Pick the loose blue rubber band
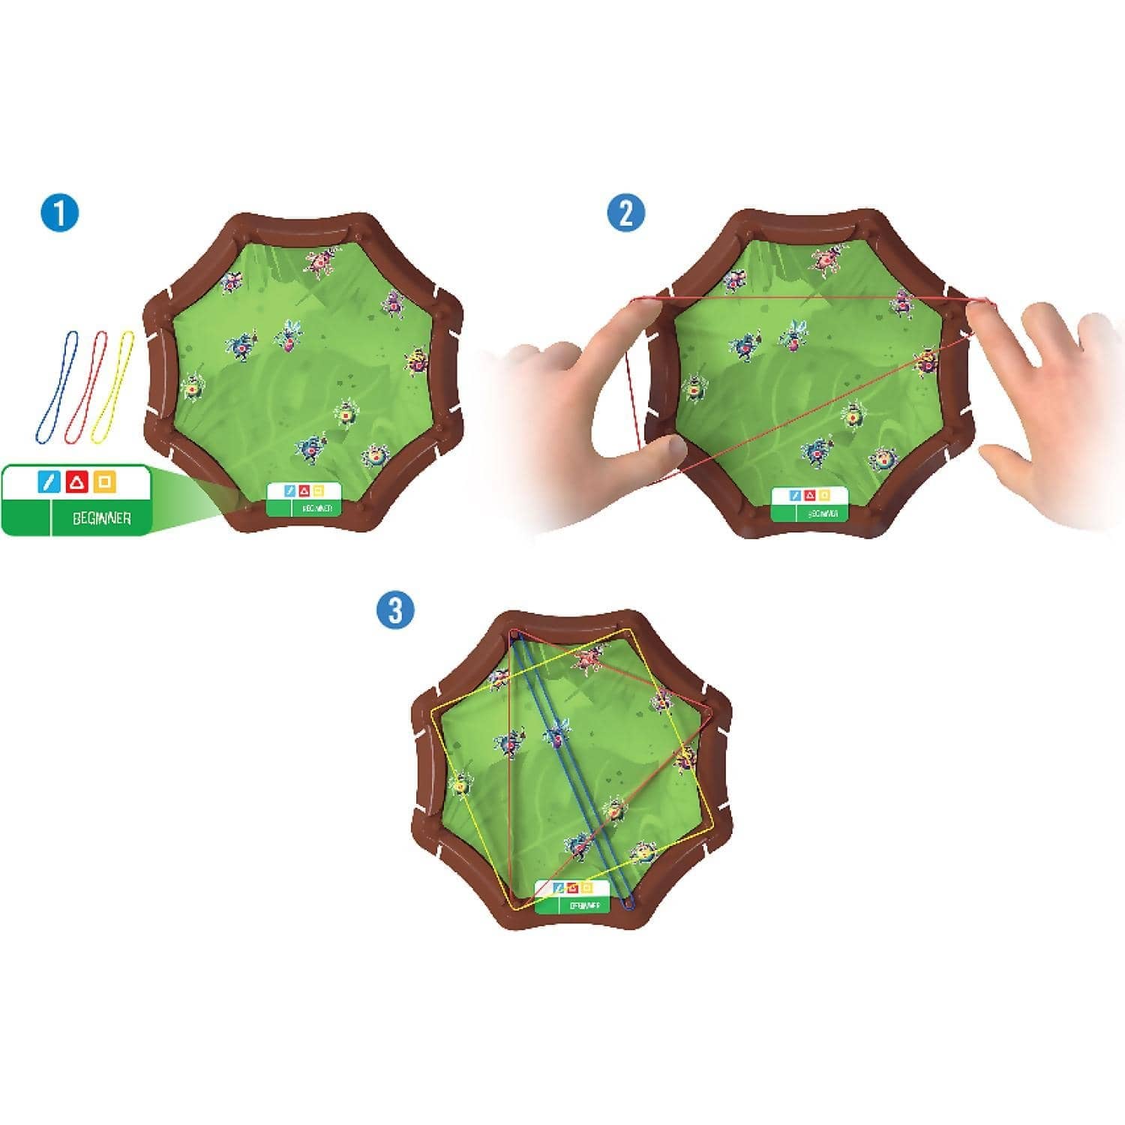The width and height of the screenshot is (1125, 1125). tap(55, 386)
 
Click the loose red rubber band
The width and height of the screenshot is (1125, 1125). tap(87, 386)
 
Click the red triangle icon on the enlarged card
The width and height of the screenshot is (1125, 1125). tap(77, 482)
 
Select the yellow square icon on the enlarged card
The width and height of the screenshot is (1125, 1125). tap(105, 482)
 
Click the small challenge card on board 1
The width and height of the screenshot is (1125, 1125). tap(304, 499)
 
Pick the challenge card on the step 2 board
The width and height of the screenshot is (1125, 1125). tap(809, 504)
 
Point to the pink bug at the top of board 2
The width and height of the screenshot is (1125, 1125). tap(826, 259)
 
